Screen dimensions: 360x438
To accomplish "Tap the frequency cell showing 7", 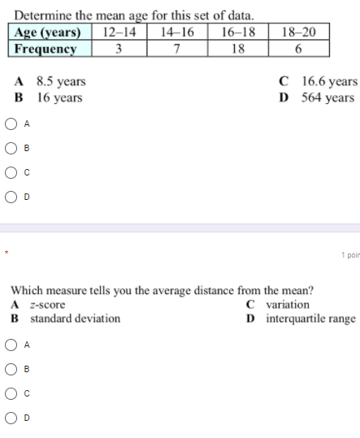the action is point(176,48).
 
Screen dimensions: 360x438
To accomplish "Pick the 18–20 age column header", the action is point(298,32).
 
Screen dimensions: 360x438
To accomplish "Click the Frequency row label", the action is point(46,48).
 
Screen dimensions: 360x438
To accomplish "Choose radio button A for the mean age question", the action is point(12,124).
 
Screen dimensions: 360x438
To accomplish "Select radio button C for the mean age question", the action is point(12,172).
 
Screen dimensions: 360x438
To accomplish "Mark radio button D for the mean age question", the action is point(12,196).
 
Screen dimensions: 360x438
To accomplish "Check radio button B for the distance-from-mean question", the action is point(12,369).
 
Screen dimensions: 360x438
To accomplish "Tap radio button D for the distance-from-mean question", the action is point(12,418).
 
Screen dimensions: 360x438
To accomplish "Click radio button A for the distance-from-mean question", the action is point(12,345).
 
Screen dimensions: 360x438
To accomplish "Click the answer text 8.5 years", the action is point(60,82).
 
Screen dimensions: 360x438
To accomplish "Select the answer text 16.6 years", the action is point(328,82).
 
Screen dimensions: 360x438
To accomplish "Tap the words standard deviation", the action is point(75,319).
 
